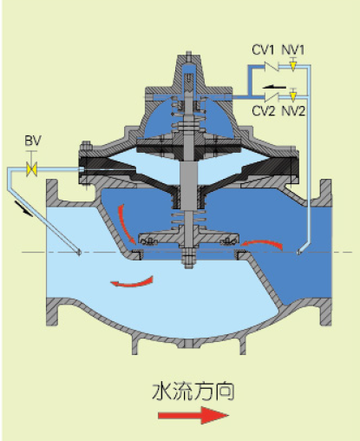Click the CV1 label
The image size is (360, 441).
click(x=263, y=49)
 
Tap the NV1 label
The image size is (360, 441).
click(x=293, y=49)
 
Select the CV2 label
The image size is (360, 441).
click(x=263, y=110)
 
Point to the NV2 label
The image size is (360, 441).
click(x=294, y=110)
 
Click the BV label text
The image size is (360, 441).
click(x=33, y=141)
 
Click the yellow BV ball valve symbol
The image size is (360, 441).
click(x=31, y=169)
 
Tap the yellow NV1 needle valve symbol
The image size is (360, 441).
click(x=293, y=66)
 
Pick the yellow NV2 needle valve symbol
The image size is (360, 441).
click(x=293, y=95)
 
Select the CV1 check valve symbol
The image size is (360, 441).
click(x=271, y=67)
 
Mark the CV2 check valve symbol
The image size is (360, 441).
click(x=271, y=96)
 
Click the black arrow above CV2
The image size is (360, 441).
click(x=274, y=87)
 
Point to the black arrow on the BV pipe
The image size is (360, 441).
click(x=23, y=209)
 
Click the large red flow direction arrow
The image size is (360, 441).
click(x=193, y=415)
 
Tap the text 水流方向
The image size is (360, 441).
click(x=193, y=392)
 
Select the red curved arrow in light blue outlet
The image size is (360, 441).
click(x=132, y=282)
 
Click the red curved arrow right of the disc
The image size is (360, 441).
click(x=262, y=244)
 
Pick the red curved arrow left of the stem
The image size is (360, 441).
click(x=126, y=224)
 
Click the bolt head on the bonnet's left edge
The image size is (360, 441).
click(x=86, y=146)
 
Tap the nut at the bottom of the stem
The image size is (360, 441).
click(x=188, y=260)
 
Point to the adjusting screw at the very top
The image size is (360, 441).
click(x=188, y=56)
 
